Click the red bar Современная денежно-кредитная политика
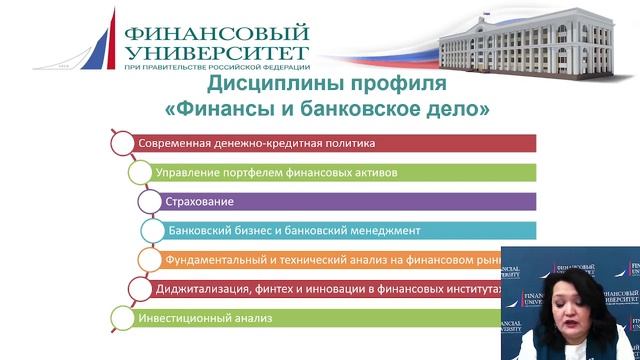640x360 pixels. click(x=330, y=142)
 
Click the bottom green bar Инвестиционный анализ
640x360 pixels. click(x=300, y=319)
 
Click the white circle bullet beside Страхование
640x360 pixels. click(x=150, y=201)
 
